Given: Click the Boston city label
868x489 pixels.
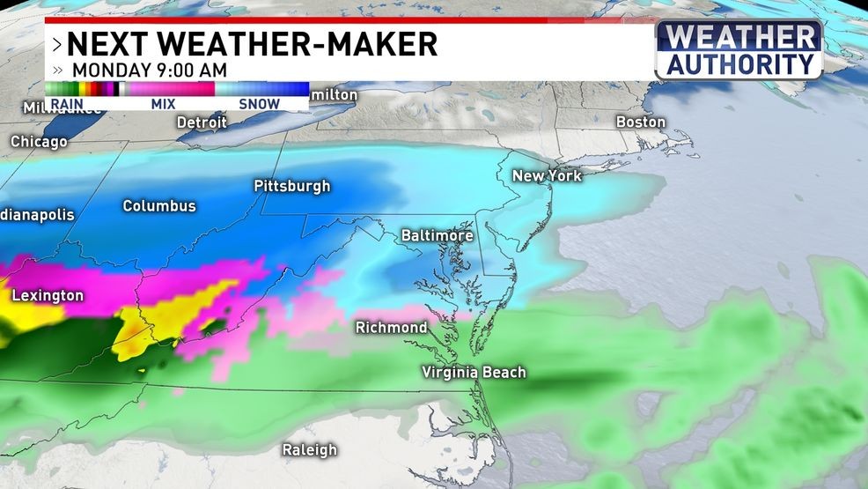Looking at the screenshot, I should [640, 122].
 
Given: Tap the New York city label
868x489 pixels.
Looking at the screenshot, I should [547, 176].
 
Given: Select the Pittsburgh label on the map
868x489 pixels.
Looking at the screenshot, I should [291, 186].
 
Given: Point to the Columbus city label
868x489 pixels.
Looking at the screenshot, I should [158, 206].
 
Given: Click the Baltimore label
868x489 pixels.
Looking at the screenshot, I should [437, 236].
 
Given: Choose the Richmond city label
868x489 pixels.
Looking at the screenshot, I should [391, 328].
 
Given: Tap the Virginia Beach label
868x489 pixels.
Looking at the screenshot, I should [474, 372].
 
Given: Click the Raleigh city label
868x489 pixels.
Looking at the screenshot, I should [309, 450].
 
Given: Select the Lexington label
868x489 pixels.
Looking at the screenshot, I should [48, 296].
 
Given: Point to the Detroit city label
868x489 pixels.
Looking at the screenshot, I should [202, 122].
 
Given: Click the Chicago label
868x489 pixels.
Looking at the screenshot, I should [39, 142].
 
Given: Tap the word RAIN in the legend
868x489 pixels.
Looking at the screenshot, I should [67, 104].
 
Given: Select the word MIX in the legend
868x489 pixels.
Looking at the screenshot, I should [163, 104].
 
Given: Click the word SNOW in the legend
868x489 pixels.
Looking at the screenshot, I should [260, 104].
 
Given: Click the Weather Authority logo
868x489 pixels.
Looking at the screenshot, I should [739, 50].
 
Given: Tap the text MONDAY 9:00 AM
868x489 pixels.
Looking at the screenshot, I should [150, 70].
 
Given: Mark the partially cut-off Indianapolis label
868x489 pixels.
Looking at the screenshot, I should [25, 215].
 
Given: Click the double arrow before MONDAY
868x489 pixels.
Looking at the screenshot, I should [57, 70].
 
